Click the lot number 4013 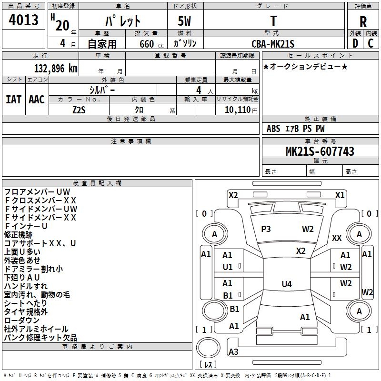pos(23,20)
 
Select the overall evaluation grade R pos(363,21)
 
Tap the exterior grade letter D pos(355,43)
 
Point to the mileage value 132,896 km pos(56,68)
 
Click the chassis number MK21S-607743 pos(320,151)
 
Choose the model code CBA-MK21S pos(273,44)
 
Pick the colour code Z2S pos(79,109)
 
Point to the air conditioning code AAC pos(37,99)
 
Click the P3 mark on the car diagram pos(266,229)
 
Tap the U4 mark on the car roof pos(286,284)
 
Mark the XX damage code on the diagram pos(337,238)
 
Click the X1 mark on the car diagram pos(340,195)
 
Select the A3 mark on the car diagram pos(233,352)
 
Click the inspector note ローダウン pos(22,321)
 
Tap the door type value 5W pos(186,21)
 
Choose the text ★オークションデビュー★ pos(305,66)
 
